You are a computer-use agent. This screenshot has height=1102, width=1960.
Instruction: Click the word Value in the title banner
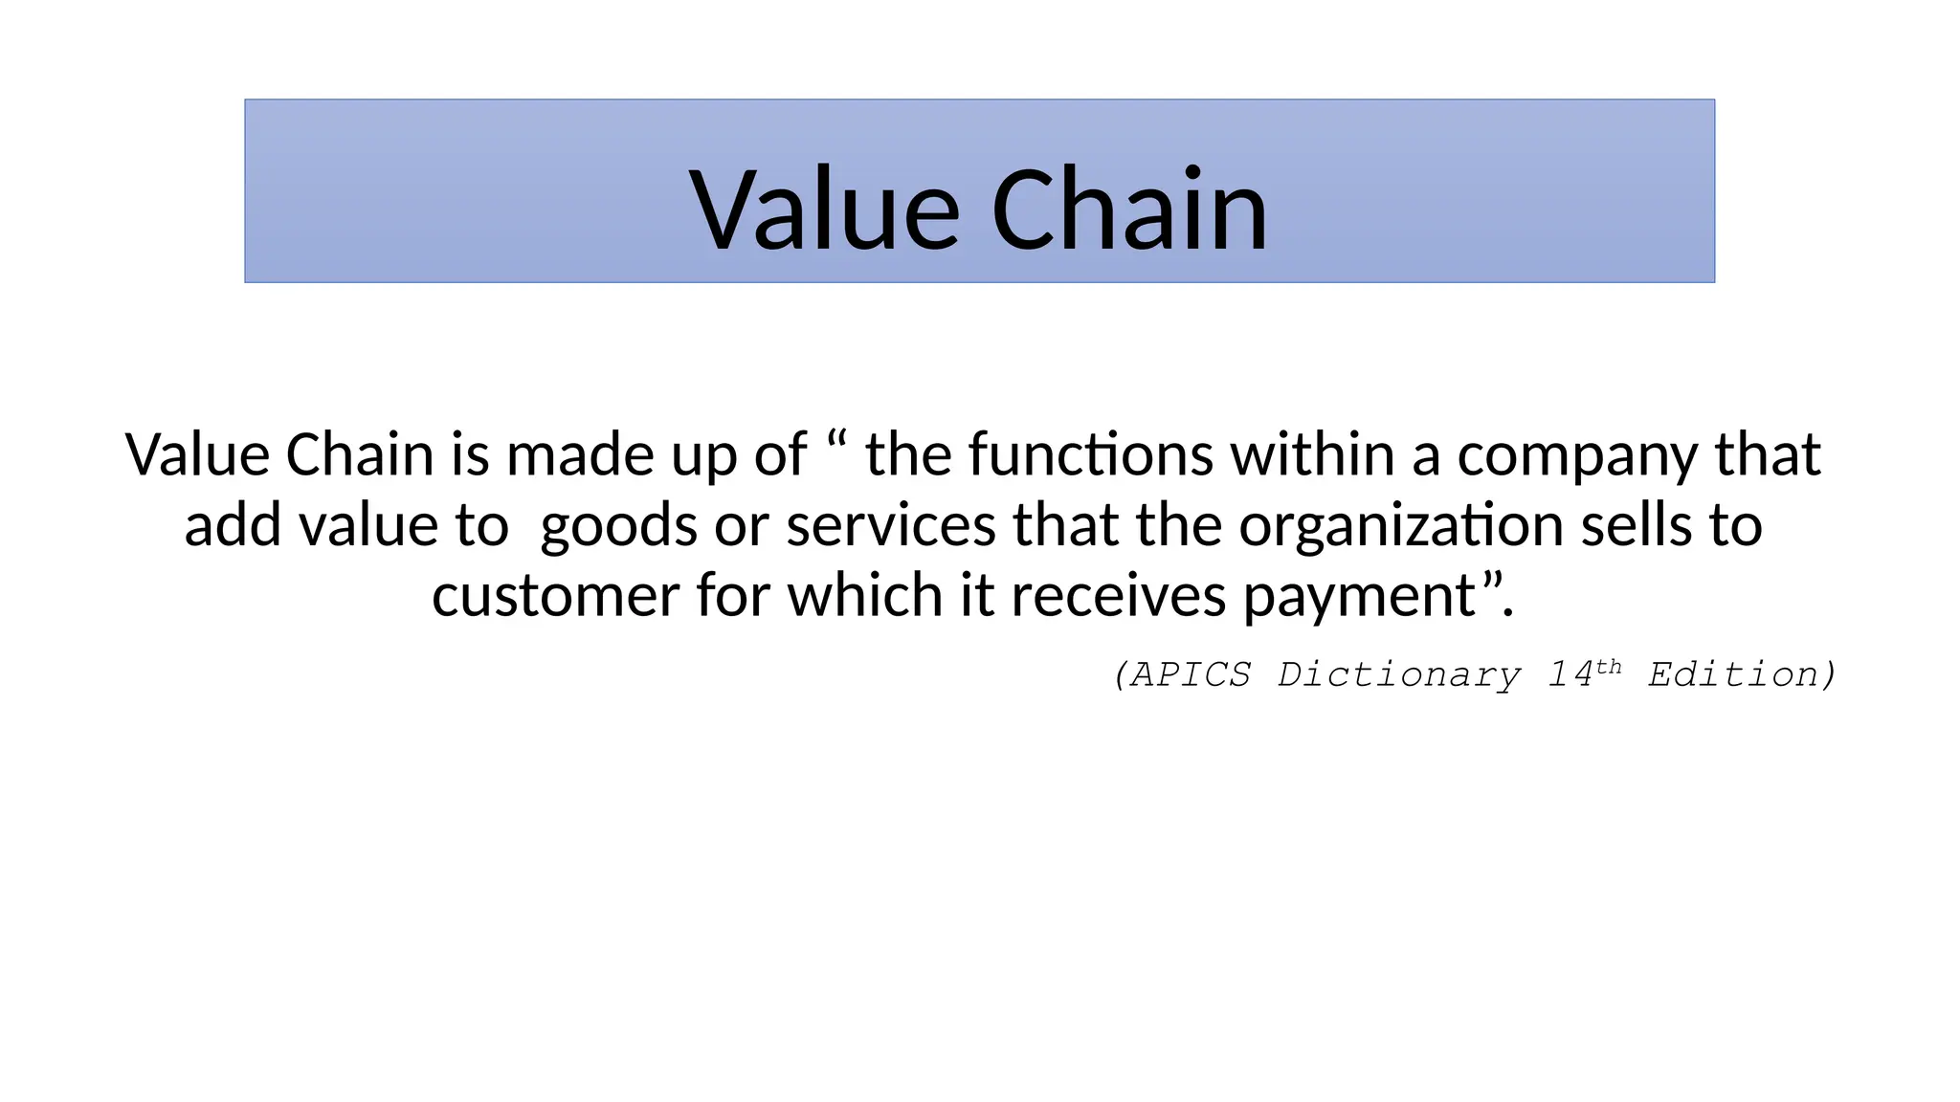point(824,209)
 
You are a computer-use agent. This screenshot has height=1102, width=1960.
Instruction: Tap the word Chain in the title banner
point(1129,209)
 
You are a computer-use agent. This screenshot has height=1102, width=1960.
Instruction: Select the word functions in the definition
point(1091,454)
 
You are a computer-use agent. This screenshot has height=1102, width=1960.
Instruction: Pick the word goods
point(618,527)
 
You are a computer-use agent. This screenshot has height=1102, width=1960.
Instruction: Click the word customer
point(555,596)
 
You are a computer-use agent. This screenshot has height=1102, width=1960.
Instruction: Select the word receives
point(1118,596)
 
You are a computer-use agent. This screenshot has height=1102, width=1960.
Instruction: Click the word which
point(864,596)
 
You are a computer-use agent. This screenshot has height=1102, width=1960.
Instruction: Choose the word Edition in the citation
point(1733,675)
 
